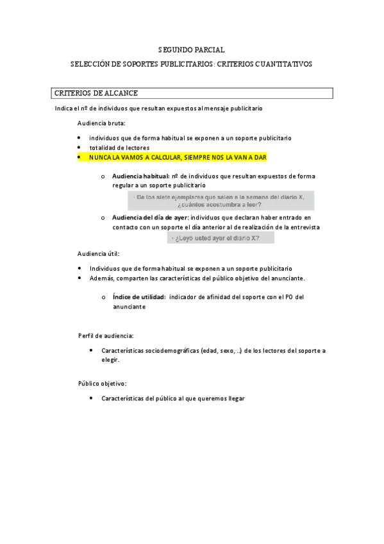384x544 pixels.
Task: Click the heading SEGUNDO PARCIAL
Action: [x=191, y=49]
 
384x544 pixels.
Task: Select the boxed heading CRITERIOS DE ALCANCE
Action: [x=96, y=94]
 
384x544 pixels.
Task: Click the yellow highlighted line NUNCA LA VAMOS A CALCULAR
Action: [x=178, y=157]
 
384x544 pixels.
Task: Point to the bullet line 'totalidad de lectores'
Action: [x=119, y=148]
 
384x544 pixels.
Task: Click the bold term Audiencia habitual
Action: [x=140, y=176]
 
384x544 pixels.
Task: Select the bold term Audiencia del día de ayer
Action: [x=150, y=217]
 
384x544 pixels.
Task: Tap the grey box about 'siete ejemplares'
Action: [x=220, y=201]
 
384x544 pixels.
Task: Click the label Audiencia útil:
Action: [x=98, y=253]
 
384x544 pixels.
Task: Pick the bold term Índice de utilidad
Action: [x=139, y=297]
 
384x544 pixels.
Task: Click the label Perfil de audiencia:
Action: [x=106, y=336]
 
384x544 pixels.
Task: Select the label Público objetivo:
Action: [x=103, y=383]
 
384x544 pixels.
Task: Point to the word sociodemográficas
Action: [x=171, y=350]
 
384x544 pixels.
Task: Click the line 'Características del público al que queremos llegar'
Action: [x=173, y=398]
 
